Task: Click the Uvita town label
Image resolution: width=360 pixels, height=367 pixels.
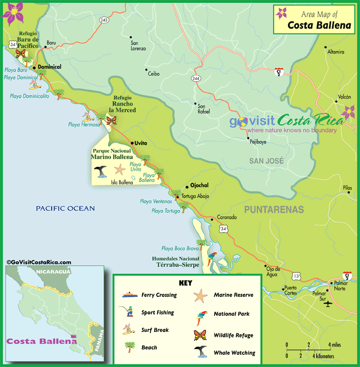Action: [141, 143]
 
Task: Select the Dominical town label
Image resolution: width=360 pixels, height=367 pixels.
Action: [49, 67]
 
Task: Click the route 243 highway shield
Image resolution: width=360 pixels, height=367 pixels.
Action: [103, 20]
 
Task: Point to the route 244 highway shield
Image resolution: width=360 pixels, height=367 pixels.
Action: [196, 78]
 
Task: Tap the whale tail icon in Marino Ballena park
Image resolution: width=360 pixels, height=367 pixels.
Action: [101, 172]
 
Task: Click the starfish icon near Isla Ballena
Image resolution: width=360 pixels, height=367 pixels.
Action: [119, 170]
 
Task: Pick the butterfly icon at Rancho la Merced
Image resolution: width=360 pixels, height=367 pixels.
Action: [111, 119]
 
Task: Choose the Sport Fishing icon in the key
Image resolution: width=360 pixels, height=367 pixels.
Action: [127, 312]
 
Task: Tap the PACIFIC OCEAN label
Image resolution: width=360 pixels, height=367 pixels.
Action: [65, 208]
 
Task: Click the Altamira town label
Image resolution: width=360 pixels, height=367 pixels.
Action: [336, 52]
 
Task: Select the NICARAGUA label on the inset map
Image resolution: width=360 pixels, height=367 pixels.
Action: [50, 273]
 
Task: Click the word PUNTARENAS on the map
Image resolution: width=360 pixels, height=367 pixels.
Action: [273, 210]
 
